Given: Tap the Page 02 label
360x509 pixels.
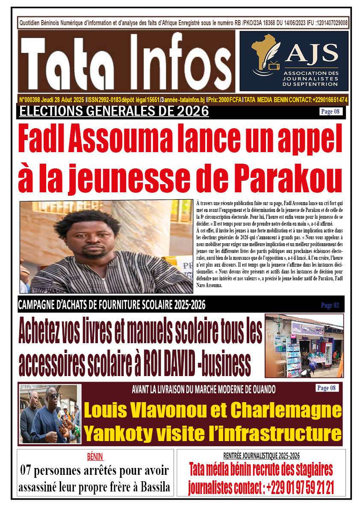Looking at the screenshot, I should [330, 305].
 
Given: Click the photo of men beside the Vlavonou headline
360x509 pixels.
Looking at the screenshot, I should [50, 413].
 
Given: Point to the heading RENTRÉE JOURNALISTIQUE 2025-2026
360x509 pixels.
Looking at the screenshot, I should [261, 456].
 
